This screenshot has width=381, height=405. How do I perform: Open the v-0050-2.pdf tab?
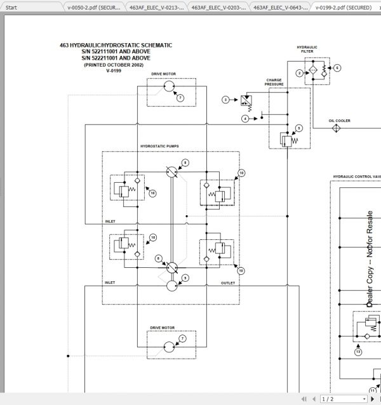point(93,8)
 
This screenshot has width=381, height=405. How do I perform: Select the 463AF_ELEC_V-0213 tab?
point(156,8)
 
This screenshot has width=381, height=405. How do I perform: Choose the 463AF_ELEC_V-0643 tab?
point(280,8)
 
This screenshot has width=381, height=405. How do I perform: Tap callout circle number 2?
point(299,73)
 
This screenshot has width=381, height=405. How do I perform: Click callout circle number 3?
point(225,100)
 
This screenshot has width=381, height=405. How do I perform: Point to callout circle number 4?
point(245,119)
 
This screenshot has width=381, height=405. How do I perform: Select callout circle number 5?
point(299,128)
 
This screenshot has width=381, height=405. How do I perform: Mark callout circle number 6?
point(337,67)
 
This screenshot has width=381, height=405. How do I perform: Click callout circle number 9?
point(185,277)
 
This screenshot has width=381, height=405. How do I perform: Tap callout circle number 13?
point(358,351)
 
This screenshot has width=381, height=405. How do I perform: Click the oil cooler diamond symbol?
point(335,128)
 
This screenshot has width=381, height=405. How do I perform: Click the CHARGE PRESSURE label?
point(274,82)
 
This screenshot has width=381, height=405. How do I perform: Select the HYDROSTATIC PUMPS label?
point(159,146)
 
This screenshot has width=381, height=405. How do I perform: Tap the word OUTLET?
point(228,282)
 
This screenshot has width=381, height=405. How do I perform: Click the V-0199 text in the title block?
point(115,70)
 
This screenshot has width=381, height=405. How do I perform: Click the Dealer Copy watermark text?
point(370,260)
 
